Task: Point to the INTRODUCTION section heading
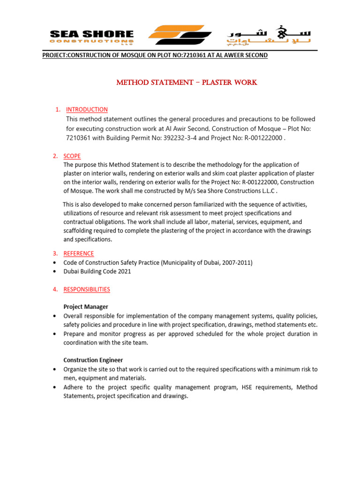click(87, 110)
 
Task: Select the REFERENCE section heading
click(78, 254)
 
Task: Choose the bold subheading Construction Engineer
click(93, 360)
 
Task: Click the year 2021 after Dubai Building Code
click(123, 271)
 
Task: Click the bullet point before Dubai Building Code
click(56, 272)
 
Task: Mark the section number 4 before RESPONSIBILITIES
click(55, 289)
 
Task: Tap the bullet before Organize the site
click(56, 369)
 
